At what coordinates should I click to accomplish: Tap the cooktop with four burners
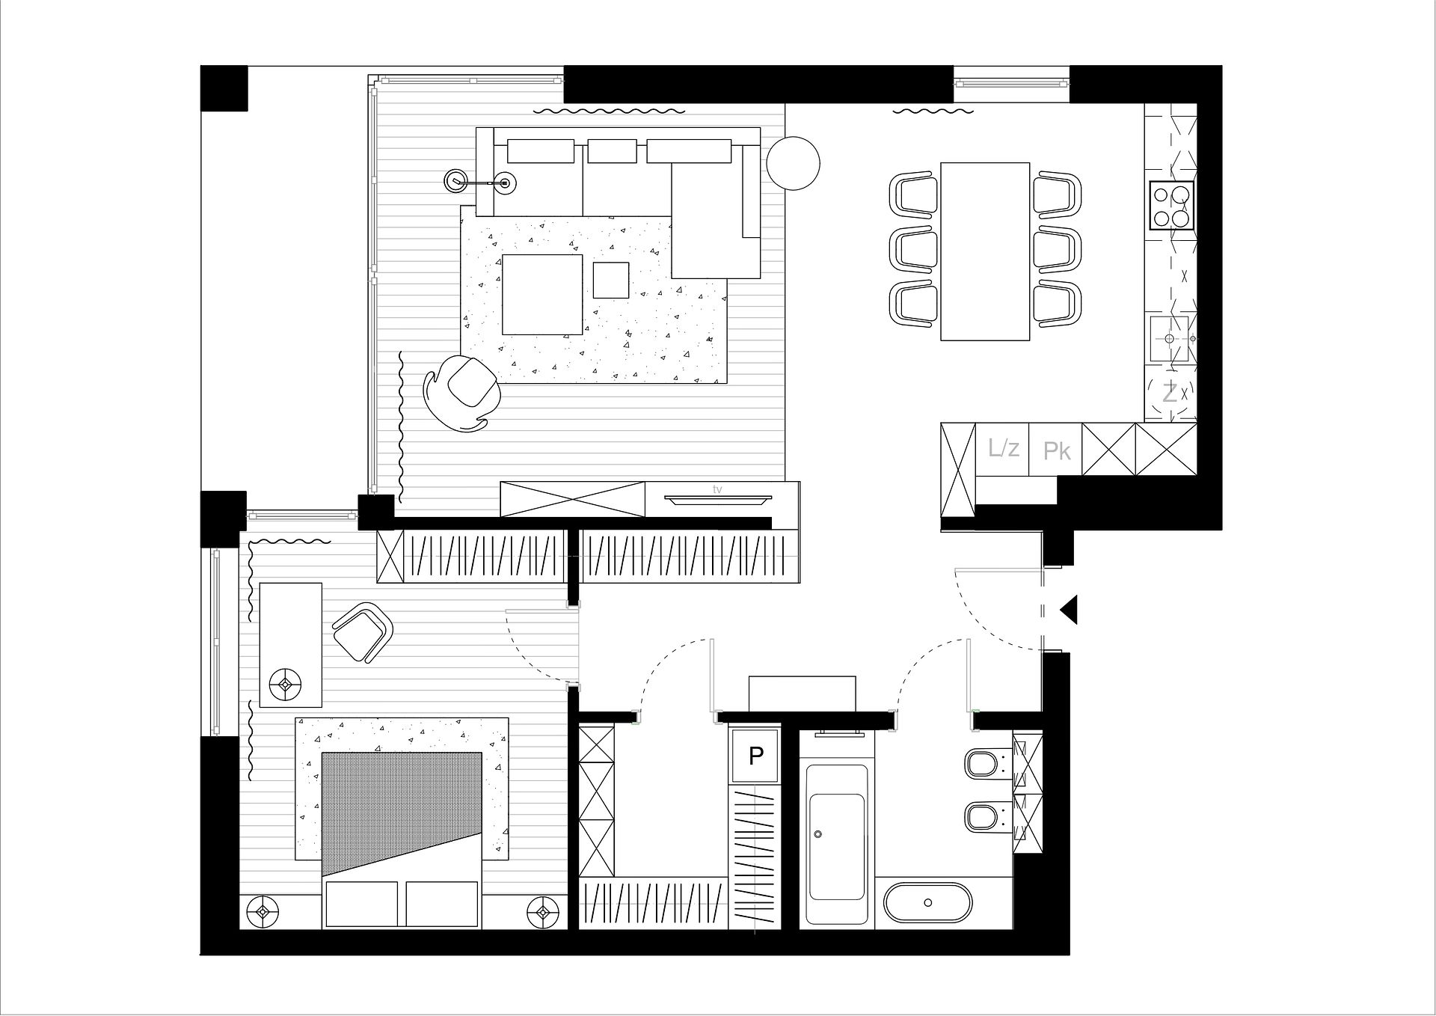click(x=1171, y=206)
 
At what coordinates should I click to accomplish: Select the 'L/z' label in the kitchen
click(x=1003, y=449)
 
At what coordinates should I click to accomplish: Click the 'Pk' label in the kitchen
click(x=1057, y=451)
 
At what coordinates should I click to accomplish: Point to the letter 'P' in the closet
click(x=756, y=756)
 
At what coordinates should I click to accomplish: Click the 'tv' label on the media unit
click(x=717, y=489)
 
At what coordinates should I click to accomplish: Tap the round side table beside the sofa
click(x=793, y=163)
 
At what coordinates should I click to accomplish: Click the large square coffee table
click(x=542, y=294)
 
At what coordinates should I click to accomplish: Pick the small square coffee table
click(x=612, y=281)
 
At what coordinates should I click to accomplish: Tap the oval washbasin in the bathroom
click(x=928, y=903)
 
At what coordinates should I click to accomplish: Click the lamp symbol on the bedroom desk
click(x=285, y=684)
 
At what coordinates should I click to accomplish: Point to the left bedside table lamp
click(x=263, y=911)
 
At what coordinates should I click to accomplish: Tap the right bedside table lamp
click(x=542, y=911)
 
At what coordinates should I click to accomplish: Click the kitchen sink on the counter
click(x=1170, y=338)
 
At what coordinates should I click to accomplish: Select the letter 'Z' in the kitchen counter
click(x=1169, y=392)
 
